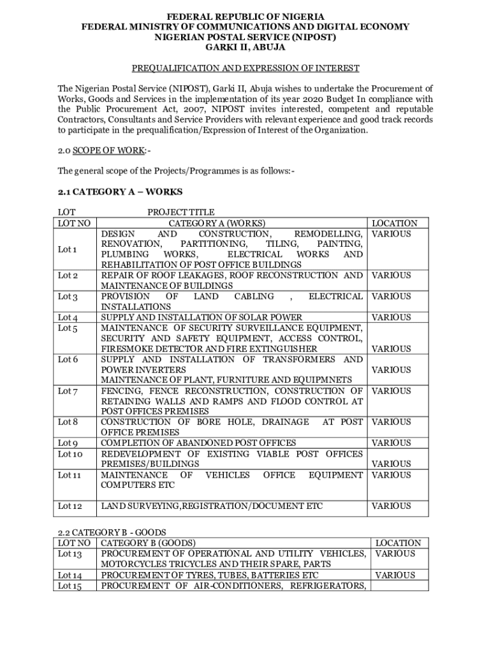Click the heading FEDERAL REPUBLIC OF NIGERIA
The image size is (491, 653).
click(246, 16)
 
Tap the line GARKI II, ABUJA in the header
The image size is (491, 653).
click(246, 47)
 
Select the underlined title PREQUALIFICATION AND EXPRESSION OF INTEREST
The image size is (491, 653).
click(246, 68)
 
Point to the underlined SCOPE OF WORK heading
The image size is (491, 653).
click(112, 150)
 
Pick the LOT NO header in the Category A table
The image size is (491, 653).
click(74, 223)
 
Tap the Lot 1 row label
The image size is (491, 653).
click(68, 249)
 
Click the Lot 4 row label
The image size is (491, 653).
click(68, 318)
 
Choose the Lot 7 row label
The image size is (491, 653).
click(68, 391)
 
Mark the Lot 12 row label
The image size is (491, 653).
click(70, 506)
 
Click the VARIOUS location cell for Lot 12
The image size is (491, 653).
click(392, 506)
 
